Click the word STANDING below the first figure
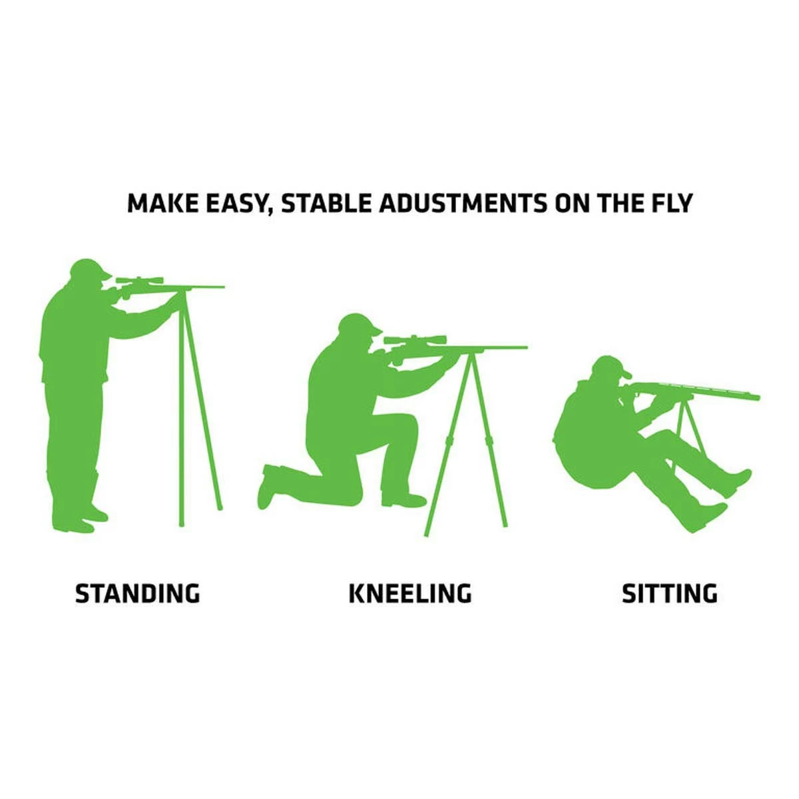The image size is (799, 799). [x=137, y=593]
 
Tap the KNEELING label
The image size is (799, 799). [x=409, y=593]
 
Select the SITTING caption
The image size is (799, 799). [x=669, y=593]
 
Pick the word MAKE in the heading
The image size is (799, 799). [x=158, y=203]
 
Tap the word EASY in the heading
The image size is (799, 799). [x=231, y=203]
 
